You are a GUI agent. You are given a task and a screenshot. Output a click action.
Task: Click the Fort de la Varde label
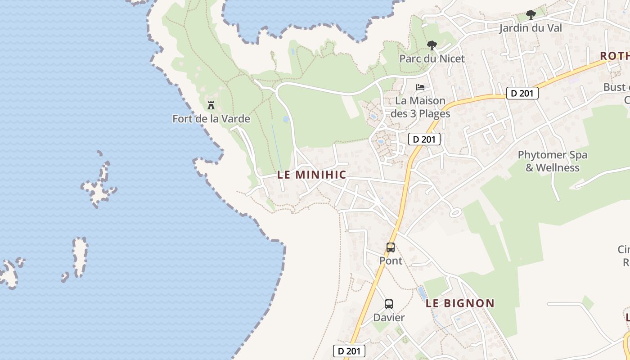point(211,119)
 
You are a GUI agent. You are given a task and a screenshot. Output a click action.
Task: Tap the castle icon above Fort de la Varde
point(211,106)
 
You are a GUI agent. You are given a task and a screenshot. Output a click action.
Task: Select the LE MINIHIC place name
point(311,175)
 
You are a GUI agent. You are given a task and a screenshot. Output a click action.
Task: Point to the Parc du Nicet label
point(432,58)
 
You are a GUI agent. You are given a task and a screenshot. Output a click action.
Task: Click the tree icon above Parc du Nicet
point(432,45)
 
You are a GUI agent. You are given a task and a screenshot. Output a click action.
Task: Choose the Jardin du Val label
point(531,28)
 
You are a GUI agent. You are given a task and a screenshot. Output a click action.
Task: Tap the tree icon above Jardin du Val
point(531,14)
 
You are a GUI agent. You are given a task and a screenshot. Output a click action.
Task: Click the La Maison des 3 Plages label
point(420,107)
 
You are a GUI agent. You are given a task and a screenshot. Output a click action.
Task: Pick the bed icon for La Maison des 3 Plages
point(420,87)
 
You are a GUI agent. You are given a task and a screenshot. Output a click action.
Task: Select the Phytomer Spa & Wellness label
point(552,161)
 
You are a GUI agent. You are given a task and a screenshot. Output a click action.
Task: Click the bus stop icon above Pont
point(391,247)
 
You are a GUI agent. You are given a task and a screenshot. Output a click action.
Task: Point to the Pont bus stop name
point(391,261)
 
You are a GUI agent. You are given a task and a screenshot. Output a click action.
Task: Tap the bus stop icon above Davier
point(389,304)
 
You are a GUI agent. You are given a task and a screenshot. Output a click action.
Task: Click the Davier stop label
point(389,317)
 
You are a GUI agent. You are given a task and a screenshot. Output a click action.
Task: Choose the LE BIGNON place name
point(460,303)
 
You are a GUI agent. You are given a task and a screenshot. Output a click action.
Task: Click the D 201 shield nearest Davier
point(349,351)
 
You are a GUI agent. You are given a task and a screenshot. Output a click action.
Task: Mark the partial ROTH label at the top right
point(615,56)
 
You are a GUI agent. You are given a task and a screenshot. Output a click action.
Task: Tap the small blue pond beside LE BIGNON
point(422,293)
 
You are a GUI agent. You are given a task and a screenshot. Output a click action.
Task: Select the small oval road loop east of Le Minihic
point(455,212)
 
